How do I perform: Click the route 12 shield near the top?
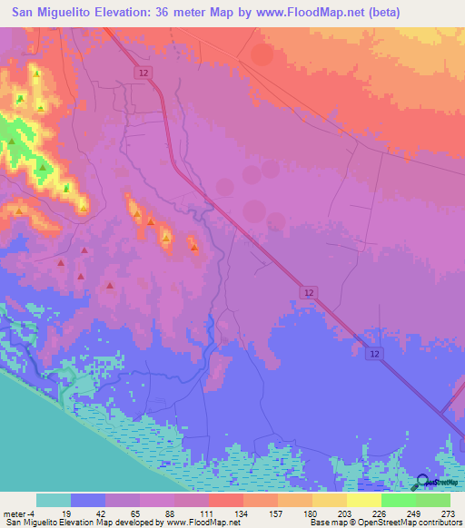[143, 72]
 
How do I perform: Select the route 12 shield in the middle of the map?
[309, 291]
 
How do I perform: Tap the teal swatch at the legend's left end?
[54, 500]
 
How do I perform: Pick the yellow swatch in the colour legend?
[364, 500]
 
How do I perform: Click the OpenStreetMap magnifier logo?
[423, 484]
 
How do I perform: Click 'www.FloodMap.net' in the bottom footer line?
[190, 523]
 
